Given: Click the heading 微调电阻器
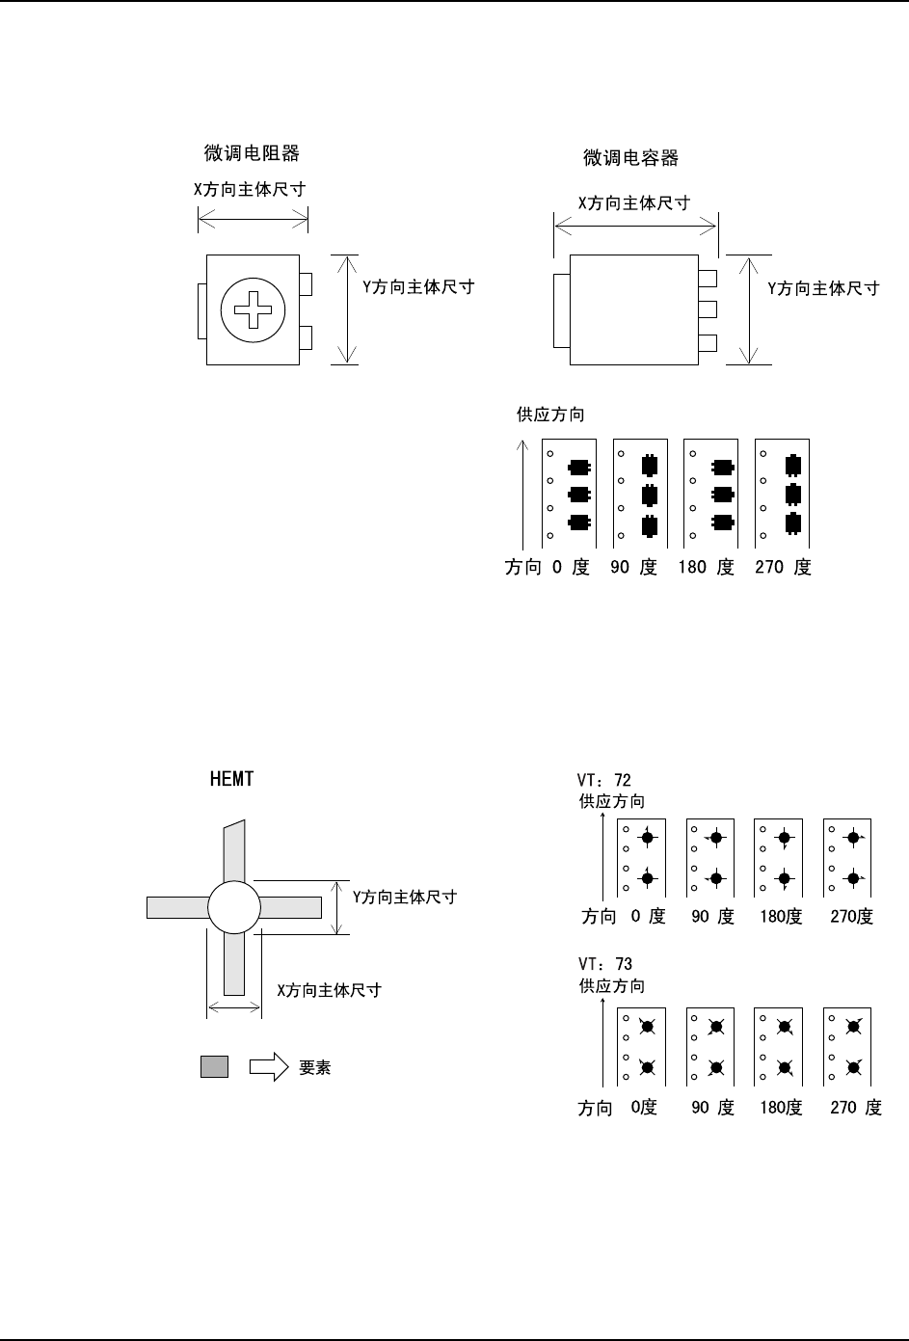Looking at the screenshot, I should pos(252,153).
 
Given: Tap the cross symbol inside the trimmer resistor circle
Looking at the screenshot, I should pos(254,310).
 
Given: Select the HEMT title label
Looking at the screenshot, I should pos(231,779).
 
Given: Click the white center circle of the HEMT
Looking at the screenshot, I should pos(234,907).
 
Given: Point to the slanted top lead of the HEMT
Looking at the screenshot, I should pos(234,849).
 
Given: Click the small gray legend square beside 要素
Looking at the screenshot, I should pos(214,1066).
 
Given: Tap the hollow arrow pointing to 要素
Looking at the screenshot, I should pos(269,1066).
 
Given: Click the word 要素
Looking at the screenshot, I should pos(315,1068).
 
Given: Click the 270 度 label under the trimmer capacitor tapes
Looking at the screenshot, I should pos(783,568).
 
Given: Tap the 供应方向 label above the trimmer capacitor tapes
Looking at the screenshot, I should pos(550,415).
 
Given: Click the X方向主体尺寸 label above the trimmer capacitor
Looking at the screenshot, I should pos(633,203).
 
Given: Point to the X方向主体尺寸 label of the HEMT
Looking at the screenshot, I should pos(330,990).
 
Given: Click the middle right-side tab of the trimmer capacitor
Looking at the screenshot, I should pos(708,309).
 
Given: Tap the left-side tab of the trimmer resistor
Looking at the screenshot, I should pos(201,310).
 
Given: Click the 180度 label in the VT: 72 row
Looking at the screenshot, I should pos(781,917).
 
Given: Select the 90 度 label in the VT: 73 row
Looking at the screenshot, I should pos(712,1108).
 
